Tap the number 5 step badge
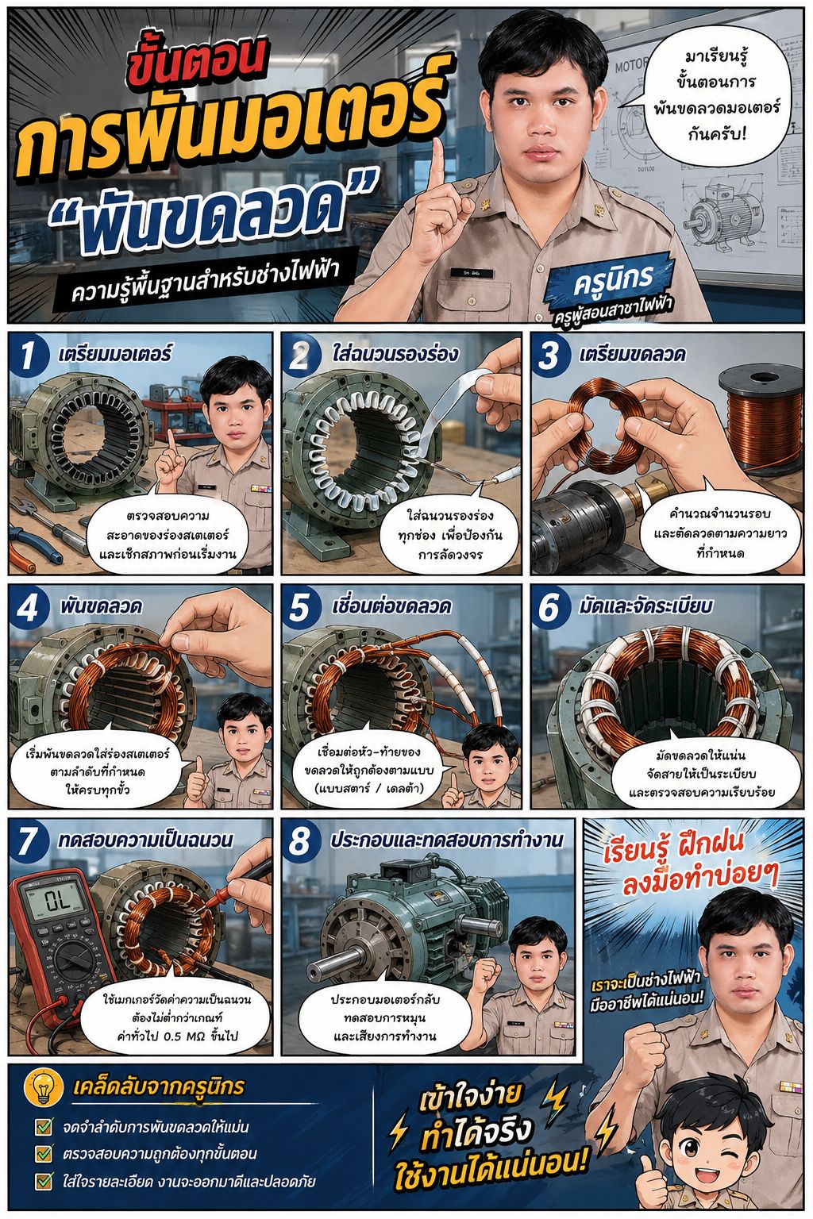click(x=299, y=607)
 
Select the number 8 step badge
click(x=299, y=840)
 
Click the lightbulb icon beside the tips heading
click(x=44, y=1087)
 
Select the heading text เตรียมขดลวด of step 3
click(x=632, y=354)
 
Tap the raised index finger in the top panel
click(x=436, y=163)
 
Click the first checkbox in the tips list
click(x=44, y=1126)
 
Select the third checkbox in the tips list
click(x=44, y=1181)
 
